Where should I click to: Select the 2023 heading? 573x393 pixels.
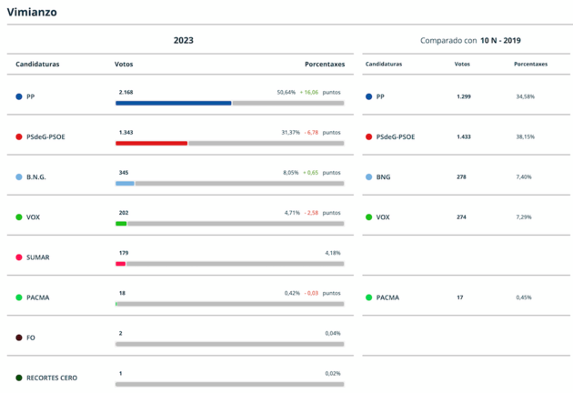click(183, 40)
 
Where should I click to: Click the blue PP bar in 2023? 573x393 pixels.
click(173, 103)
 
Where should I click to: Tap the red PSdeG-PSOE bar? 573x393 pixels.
click(151, 143)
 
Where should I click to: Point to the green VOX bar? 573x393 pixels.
click(121, 223)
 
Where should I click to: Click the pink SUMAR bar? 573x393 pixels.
click(120, 263)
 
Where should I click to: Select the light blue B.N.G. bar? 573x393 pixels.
click(125, 183)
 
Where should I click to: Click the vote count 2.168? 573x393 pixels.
click(126, 92)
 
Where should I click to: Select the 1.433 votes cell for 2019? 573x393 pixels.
click(463, 136)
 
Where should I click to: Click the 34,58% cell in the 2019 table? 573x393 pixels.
click(525, 96)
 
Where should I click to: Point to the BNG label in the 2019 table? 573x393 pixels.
click(383, 176)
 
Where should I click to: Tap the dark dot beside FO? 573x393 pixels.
click(18, 338)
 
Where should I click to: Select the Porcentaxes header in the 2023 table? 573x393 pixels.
click(325, 64)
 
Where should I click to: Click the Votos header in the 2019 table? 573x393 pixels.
click(462, 64)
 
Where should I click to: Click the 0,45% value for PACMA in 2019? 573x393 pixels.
click(524, 297)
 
